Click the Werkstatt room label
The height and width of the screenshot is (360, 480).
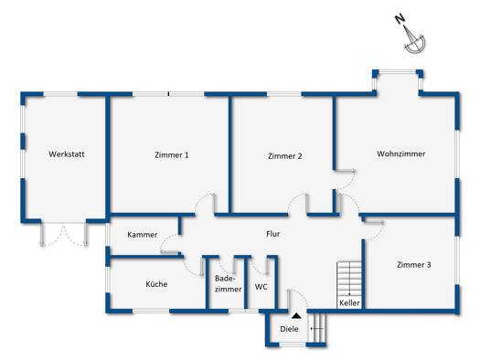67,154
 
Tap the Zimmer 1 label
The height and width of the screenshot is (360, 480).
172,154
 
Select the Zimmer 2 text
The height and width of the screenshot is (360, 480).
284,156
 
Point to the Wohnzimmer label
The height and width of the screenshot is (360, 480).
401,154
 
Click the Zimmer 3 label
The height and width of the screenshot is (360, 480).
413,265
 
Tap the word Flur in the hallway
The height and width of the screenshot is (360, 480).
273,234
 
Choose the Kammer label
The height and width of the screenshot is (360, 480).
143,235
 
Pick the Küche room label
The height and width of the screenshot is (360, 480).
156,284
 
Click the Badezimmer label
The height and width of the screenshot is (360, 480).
228,283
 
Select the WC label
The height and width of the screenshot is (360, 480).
261,287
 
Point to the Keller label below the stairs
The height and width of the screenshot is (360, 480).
349,303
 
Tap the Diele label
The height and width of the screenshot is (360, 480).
289,329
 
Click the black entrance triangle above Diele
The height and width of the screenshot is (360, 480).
295,315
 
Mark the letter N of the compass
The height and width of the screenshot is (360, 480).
400,19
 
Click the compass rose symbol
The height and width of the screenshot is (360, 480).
414,41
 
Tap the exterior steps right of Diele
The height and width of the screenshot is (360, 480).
317,328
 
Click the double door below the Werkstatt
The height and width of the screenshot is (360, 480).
64,234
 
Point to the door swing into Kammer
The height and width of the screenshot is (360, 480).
169,244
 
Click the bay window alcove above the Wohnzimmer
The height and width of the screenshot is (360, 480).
398,81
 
